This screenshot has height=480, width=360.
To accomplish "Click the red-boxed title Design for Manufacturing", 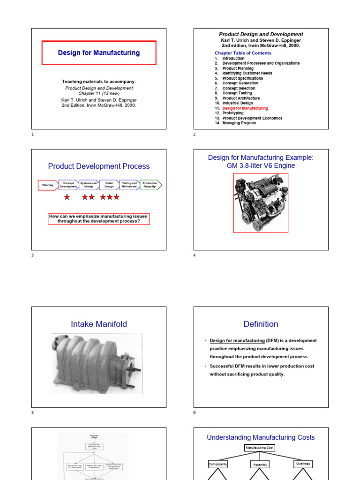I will pyautogui.click(x=99, y=53).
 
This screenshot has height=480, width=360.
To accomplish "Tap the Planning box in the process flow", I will pyautogui.click(x=48, y=185).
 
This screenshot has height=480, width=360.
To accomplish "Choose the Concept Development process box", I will pyautogui.click(x=68, y=185).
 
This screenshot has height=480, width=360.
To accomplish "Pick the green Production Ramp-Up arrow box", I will pyautogui.click(x=150, y=185).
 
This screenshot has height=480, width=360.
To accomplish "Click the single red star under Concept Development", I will pyautogui.click(x=67, y=197).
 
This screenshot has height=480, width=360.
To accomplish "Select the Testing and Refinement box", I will pyautogui.click(x=129, y=185).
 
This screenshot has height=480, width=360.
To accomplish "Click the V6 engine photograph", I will pyautogui.click(x=261, y=203).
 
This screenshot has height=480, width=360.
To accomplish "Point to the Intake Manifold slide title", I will pyautogui.click(x=99, y=324).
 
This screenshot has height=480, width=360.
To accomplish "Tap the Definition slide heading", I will pyautogui.click(x=261, y=324).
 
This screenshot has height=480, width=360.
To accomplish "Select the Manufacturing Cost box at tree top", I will pyautogui.click(x=259, y=448).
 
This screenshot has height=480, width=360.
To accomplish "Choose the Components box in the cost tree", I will pyautogui.click(x=217, y=464).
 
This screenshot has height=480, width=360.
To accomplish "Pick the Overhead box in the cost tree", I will pyautogui.click(x=303, y=464).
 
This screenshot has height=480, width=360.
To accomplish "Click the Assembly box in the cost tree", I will pyautogui.click(x=260, y=465).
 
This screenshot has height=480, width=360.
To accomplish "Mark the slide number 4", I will pyautogui.click(x=195, y=255).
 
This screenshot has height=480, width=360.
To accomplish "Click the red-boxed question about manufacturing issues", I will pyautogui.click(x=99, y=219).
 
